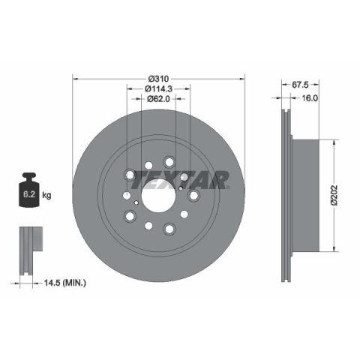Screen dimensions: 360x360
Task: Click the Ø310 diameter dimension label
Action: coord(158,79)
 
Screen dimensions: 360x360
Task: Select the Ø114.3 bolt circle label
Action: coord(158,88)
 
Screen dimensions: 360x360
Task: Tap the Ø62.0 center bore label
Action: coord(158,99)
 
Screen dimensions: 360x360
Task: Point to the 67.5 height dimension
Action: coord(300,85)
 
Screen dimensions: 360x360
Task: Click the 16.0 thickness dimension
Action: coord(310,98)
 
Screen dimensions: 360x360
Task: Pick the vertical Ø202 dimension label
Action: coord(334,195)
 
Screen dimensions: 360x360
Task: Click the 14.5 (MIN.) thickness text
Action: coord(65,283)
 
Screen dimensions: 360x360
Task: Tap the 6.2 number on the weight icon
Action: coord(29,194)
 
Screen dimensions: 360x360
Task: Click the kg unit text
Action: coord(46,195)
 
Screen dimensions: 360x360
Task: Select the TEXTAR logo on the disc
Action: coord(180,180)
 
